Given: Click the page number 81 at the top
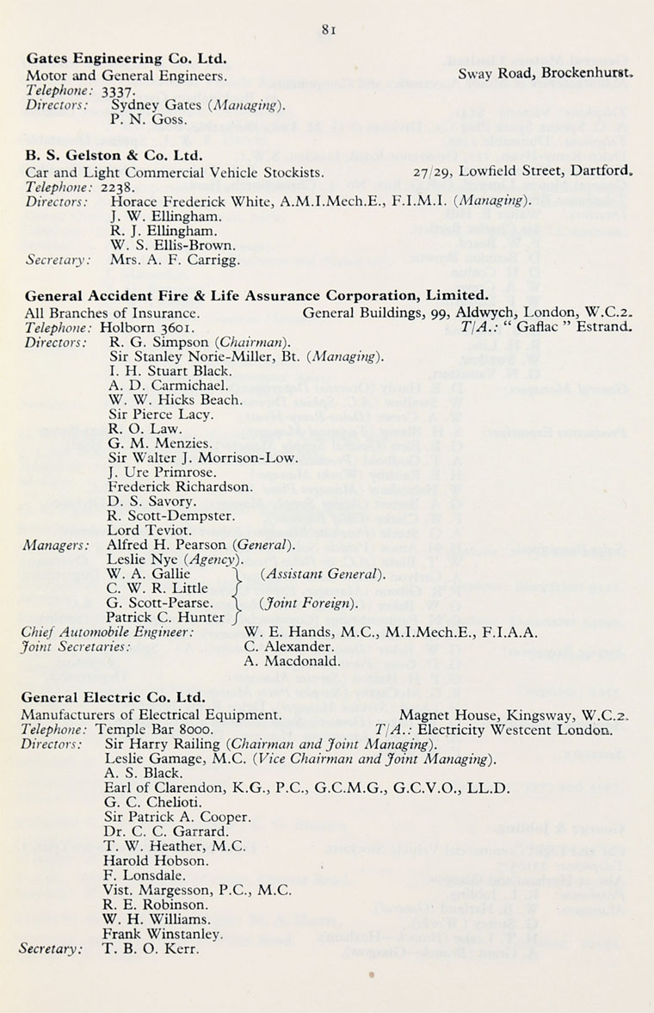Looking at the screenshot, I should [x=328, y=28].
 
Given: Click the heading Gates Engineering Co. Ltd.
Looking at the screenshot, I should [x=126, y=59].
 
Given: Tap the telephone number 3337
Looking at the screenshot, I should [x=118, y=89].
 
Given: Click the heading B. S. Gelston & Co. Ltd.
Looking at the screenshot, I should [x=114, y=156].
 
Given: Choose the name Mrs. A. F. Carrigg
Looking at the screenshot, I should [x=172, y=259].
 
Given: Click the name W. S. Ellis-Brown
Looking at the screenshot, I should [x=173, y=244].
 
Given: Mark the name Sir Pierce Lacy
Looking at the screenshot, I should [x=159, y=414].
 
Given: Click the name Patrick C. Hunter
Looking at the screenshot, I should [x=167, y=617].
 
